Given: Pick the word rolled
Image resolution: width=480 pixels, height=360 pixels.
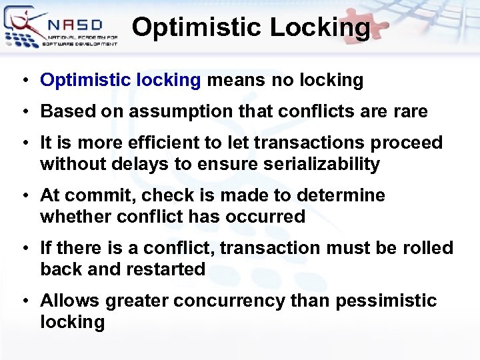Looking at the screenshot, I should coord(428,248).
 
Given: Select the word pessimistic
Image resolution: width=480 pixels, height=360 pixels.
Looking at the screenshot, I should coord(386,301).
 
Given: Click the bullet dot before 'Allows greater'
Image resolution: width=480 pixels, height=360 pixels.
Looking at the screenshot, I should coord(25,301).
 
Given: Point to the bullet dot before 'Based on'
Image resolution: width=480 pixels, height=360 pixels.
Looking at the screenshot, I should coord(25,112).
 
